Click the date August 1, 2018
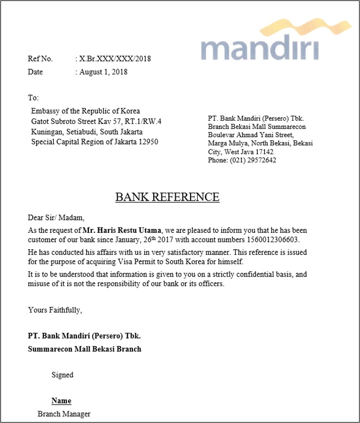[103, 72]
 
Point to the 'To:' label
[33, 98]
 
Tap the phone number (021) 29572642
[253, 160]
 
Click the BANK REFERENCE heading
[167, 197]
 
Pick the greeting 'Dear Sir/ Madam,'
[56, 218]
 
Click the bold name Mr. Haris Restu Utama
[122, 230]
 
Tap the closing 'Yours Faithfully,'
[55, 310]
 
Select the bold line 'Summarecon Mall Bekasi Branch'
[84, 349]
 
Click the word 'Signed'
[62, 375]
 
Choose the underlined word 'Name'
[61, 400]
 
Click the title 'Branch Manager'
[64, 414]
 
